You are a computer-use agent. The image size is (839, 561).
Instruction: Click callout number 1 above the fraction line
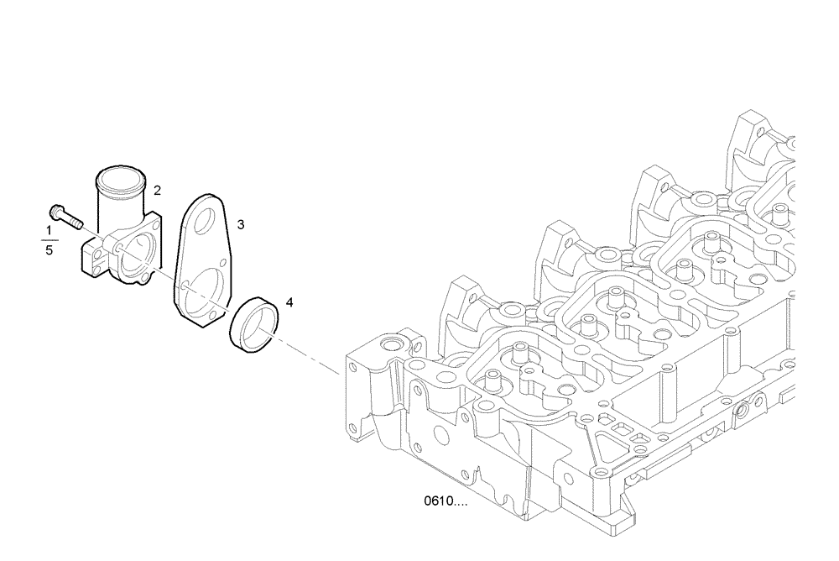pyautogui.click(x=49, y=230)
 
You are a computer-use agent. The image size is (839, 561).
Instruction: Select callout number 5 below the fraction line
pyautogui.click(x=49, y=250)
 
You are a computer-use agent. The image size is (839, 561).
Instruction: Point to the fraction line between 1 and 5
pyautogui.click(x=49, y=240)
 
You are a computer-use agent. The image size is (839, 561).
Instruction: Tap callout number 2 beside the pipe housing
pyautogui.click(x=157, y=191)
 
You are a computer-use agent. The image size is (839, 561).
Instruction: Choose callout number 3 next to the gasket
pyautogui.click(x=241, y=224)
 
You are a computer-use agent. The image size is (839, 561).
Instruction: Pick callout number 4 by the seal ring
pyautogui.click(x=289, y=301)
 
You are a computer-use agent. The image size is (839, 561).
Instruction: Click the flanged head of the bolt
pyautogui.click(x=56, y=210)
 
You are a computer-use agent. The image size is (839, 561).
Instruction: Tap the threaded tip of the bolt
pyautogui.click(x=78, y=224)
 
